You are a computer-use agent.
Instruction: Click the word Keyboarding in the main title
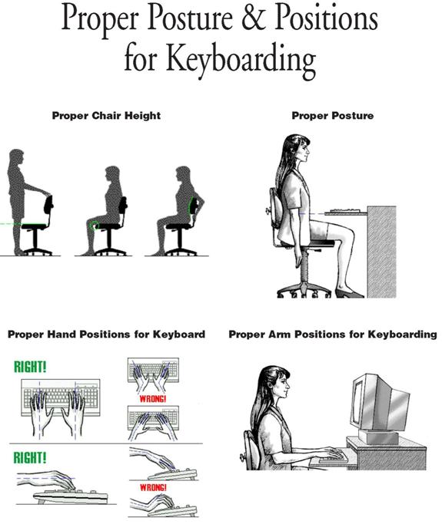(241, 60)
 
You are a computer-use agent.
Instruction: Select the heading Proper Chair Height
(106, 116)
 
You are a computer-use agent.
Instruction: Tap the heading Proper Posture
(333, 116)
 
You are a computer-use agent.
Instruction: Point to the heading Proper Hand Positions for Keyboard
(106, 335)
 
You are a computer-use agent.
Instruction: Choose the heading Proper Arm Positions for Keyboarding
(333, 335)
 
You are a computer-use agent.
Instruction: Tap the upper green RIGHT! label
(30, 367)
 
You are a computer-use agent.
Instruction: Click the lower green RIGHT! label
(30, 457)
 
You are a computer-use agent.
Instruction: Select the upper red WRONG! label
(153, 399)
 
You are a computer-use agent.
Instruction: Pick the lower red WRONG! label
(153, 487)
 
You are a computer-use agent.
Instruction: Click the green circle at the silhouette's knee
(95, 225)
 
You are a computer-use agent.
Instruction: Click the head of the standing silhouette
(16, 158)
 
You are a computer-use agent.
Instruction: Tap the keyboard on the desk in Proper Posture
(345, 211)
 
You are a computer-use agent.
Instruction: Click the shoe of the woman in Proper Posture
(349, 294)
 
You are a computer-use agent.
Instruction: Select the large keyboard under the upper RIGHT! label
(61, 397)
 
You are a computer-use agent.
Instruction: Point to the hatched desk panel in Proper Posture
(382, 252)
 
